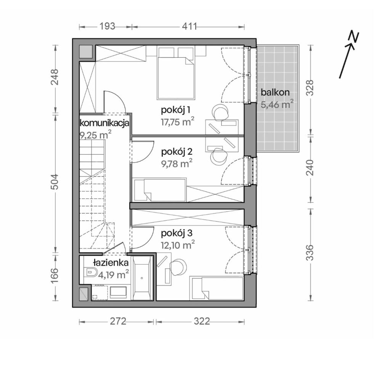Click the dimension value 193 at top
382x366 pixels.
[x=107, y=26]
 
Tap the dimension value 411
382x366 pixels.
[x=189, y=26]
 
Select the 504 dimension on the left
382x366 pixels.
[x=55, y=181]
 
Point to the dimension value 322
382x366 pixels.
[x=202, y=151]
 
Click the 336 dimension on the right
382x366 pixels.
[x=310, y=253]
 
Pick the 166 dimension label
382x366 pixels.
[x=55, y=276]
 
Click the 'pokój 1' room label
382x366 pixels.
[x=175, y=111]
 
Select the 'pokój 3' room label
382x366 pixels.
[x=177, y=233]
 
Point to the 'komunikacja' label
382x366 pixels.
[x=104, y=123]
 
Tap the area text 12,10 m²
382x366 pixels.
[x=178, y=245]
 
